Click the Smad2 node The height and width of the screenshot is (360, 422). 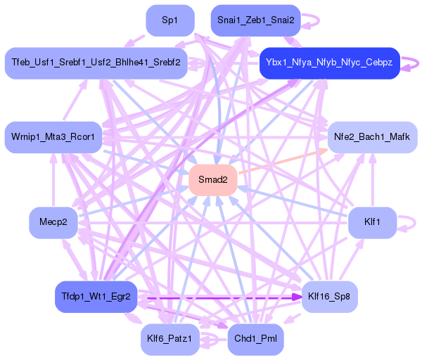[x=213, y=180]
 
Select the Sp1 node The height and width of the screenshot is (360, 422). [x=170, y=20]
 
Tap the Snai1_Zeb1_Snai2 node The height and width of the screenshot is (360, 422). [x=256, y=20]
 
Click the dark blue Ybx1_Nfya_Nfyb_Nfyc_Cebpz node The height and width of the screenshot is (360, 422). [x=329, y=63]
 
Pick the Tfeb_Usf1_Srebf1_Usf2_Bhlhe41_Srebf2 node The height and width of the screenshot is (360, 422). [x=96, y=63]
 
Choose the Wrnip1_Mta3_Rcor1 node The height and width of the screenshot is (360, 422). [x=53, y=137]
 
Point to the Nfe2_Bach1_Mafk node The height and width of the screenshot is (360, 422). [x=372, y=137]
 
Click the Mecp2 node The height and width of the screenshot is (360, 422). [x=53, y=222]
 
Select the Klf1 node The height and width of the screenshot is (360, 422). [x=372, y=222]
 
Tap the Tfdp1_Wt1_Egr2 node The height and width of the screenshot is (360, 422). [x=96, y=297]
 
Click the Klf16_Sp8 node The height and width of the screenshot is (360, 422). [x=329, y=297]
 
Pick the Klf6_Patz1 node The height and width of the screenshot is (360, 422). [x=170, y=340]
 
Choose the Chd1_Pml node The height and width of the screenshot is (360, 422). [x=256, y=340]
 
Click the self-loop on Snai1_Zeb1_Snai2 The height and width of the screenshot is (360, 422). [x=319, y=20]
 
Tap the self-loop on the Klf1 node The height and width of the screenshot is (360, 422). [x=415, y=223]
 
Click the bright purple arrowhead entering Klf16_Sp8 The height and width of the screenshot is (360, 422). [x=297, y=297]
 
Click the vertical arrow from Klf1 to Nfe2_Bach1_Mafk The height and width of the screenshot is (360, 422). [x=372, y=180]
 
